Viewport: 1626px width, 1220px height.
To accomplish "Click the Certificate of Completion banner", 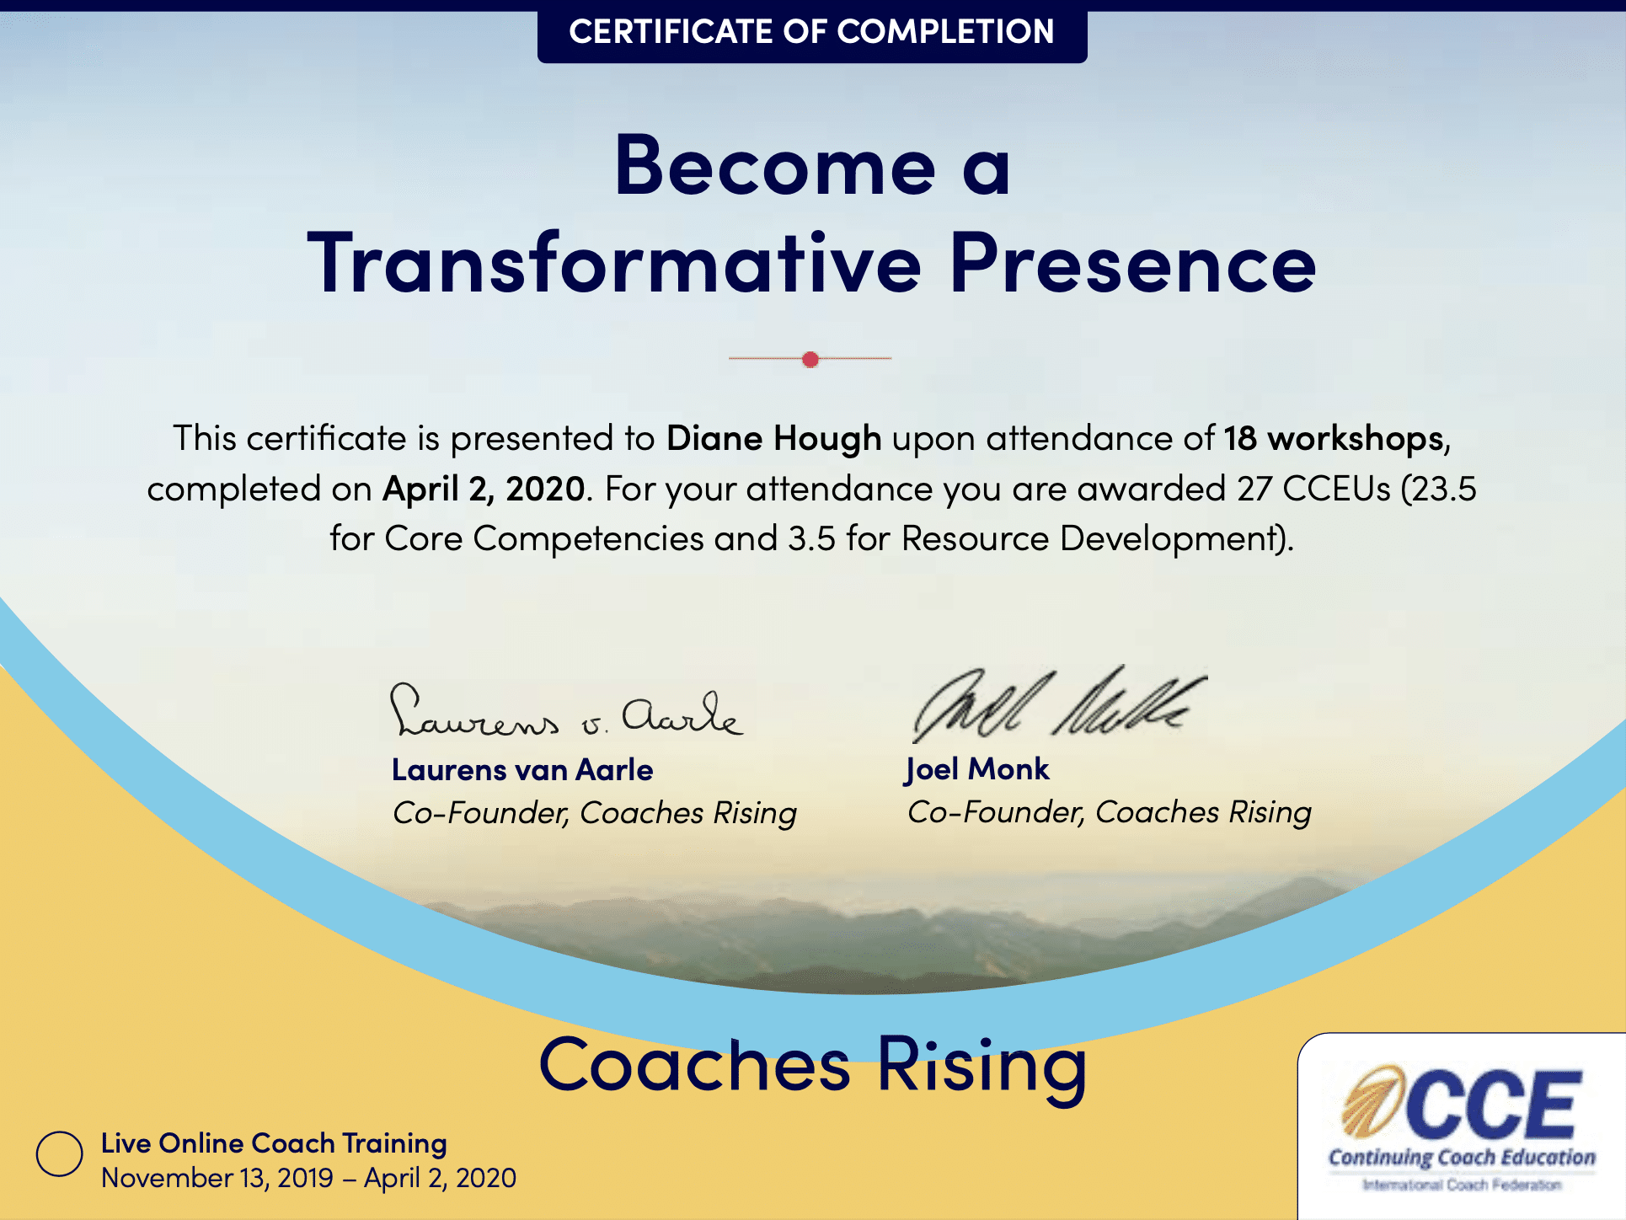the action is click(812, 34).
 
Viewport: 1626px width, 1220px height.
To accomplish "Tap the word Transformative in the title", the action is click(615, 262).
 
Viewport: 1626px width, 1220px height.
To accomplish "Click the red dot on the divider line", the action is click(810, 360).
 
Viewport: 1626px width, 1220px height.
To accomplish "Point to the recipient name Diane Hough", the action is click(774, 439).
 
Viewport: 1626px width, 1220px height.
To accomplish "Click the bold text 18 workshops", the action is click(1334, 439).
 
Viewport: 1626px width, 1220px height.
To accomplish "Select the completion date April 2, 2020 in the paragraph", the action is click(484, 490).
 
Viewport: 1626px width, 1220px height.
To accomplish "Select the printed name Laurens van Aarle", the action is click(522, 770).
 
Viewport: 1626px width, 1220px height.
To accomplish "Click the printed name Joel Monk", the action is click(977, 770).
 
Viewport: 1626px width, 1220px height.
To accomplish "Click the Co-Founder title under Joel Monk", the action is click(1110, 812).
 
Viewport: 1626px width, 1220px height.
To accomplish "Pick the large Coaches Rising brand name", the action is click(813, 1066).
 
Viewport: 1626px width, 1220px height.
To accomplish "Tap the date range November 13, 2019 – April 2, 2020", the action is click(308, 1178).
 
